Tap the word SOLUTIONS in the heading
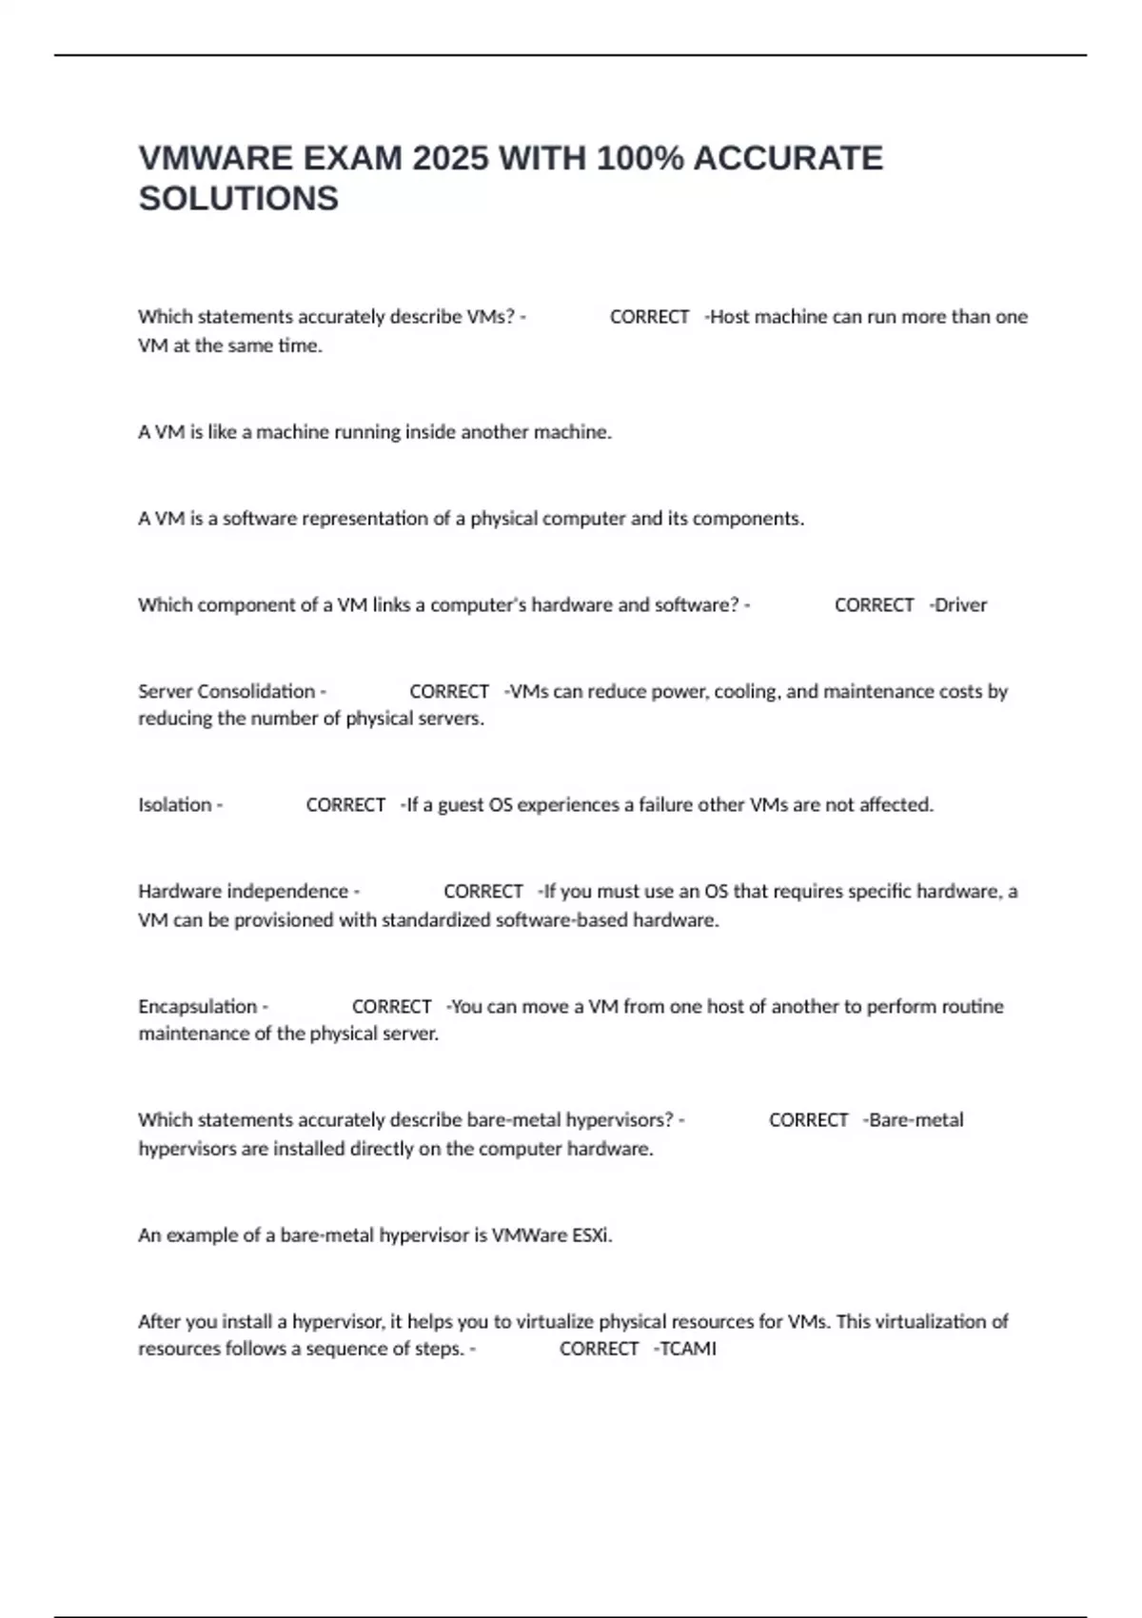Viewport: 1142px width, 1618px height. (x=239, y=199)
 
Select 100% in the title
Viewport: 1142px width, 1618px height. (x=640, y=158)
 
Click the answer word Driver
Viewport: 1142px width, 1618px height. (x=961, y=605)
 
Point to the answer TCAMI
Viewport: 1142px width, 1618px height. (x=688, y=1349)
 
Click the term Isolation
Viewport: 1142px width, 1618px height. (x=175, y=805)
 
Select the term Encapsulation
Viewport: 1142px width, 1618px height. (x=198, y=1007)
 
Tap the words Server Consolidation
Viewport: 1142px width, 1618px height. (x=226, y=692)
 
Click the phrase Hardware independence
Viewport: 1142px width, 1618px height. (x=244, y=892)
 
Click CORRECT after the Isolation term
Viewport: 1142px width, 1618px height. (x=345, y=805)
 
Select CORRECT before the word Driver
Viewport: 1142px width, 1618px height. (x=874, y=605)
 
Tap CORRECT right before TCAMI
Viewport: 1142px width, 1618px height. (x=599, y=1349)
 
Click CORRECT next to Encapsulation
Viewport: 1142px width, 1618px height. (x=391, y=1007)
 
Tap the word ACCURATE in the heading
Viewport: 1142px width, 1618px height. (x=788, y=158)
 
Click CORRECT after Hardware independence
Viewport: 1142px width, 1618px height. (x=483, y=892)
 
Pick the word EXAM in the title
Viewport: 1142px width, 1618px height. (x=352, y=158)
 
